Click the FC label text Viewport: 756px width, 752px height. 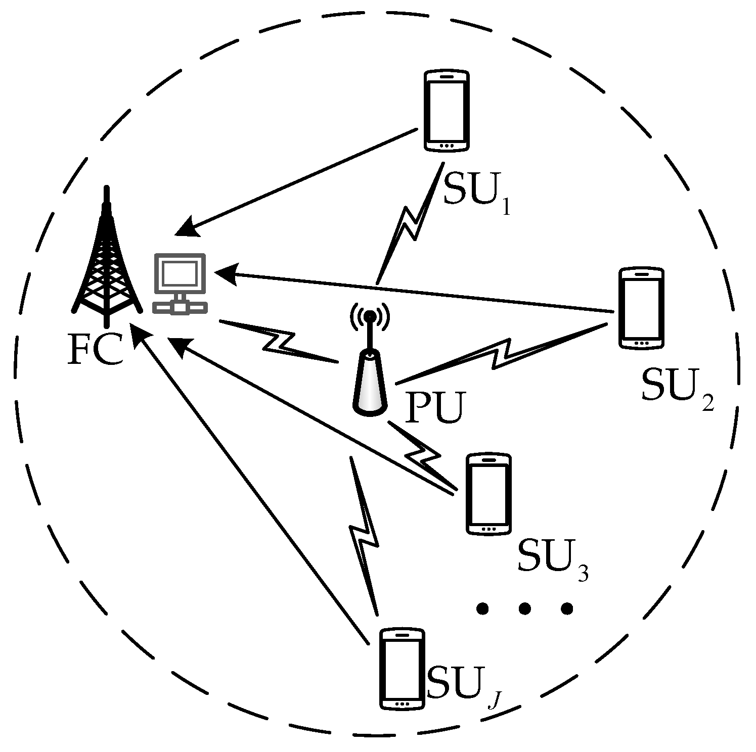[95, 349]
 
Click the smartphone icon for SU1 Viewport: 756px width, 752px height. [446, 111]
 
